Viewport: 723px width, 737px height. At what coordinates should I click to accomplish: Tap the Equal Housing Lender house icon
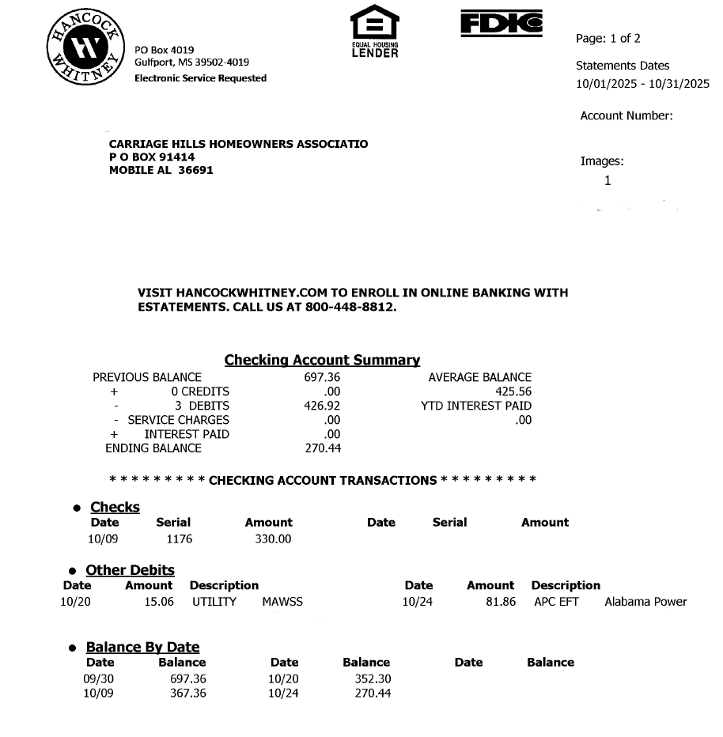[x=375, y=24]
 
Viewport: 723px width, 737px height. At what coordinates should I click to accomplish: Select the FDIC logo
[x=502, y=24]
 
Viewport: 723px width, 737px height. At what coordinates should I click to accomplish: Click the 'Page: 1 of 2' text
[x=608, y=39]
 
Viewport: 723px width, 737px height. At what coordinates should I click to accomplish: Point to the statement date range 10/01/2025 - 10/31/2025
[x=642, y=84]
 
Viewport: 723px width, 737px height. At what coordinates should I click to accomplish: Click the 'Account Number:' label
[x=626, y=115]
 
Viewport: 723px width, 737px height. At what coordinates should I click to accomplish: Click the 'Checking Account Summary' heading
[x=322, y=360]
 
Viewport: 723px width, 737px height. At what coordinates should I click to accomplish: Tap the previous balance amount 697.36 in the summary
[x=322, y=377]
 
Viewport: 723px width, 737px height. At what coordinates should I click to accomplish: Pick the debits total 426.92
[x=322, y=406]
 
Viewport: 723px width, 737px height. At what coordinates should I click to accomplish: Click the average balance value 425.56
[x=513, y=391]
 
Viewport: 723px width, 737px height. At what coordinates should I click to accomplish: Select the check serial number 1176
[x=180, y=539]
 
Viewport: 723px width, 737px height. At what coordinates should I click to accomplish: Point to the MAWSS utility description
[x=282, y=602]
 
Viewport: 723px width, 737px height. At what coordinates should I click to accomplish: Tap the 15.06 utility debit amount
[x=161, y=602]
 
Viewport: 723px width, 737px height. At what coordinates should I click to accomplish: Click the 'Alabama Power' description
[x=645, y=602]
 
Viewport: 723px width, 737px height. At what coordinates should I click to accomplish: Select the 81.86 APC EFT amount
[x=502, y=602]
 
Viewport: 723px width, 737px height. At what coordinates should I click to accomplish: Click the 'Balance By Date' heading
[x=142, y=647]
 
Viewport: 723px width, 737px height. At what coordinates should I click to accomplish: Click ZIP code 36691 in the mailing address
[x=195, y=170]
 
